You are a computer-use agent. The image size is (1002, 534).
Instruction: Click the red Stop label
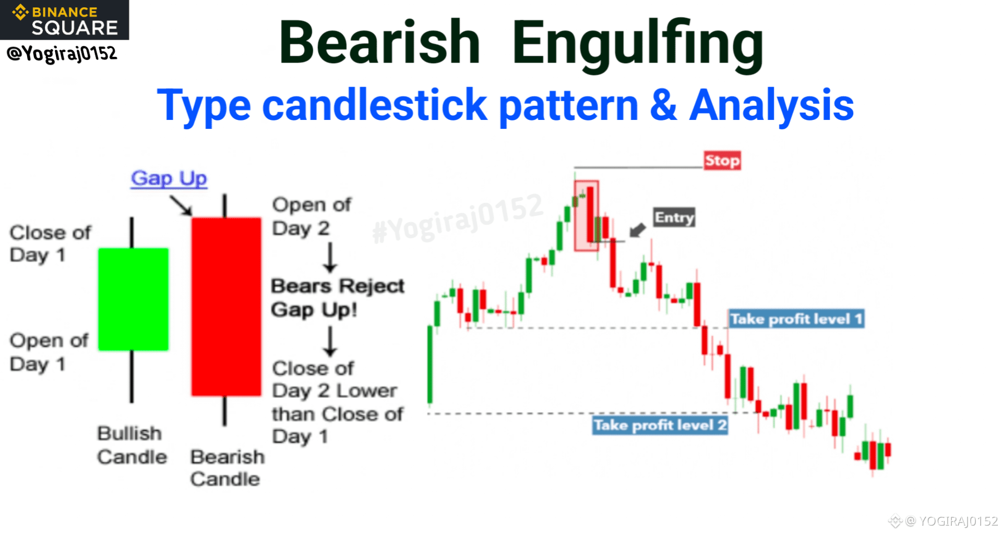(x=722, y=161)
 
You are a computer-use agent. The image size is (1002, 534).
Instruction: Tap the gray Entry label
(x=674, y=217)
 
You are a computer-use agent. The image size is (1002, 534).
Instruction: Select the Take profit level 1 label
(x=796, y=319)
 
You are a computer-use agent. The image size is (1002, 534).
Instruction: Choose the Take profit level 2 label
(x=660, y=426)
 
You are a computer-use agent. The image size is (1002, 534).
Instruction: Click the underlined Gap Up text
(x=169, y=178)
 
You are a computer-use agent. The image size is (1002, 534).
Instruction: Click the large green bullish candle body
(x=134, y=299)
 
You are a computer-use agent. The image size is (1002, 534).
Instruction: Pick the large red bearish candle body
(x=226, y=307)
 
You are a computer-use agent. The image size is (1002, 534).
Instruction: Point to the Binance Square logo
(x=65, y=20)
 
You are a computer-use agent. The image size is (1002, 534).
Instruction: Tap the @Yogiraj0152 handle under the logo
(x=62, y=53)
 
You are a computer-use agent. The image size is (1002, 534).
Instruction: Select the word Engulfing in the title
(x=638, y=45)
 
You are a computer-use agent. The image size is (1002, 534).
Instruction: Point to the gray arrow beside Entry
(x=637, y=230)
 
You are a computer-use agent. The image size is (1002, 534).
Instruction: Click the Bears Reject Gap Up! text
(x=338, y=298)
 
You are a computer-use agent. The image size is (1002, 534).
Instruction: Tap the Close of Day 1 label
(x=51, y=244)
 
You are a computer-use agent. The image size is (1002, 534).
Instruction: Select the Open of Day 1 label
(x=49, y=352)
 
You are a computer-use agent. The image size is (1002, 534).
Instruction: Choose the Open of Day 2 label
(x=312, y=216)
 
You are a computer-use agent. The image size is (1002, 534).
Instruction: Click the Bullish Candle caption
(x=132, y=445)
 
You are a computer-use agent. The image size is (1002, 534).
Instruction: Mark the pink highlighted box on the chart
(x=587, y=216)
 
